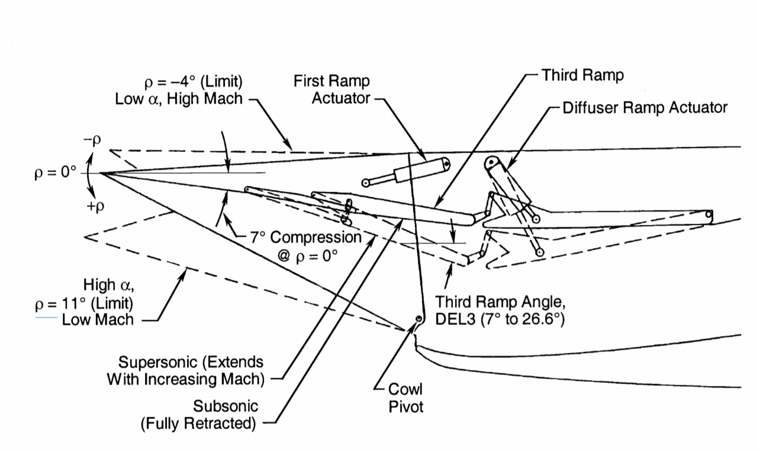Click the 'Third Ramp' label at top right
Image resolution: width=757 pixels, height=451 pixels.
[582, 75]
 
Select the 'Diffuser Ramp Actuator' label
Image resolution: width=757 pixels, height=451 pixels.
[645, 108]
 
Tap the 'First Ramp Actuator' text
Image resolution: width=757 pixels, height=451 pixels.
[332, 89]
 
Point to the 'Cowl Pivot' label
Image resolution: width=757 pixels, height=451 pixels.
[405, 398]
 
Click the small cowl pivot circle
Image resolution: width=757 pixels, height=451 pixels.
[418, 318]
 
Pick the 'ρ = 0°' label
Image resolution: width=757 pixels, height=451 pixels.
[56, 173]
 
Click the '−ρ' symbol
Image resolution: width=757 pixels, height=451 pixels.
[92, 140]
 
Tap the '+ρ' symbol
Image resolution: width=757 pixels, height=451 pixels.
[96, 206]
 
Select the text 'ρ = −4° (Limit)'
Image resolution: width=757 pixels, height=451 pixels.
[194, 82]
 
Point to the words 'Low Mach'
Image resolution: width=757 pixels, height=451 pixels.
[98, 320]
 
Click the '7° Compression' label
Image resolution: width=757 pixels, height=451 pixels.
[306, 237]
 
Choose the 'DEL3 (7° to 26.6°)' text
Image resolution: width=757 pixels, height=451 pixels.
[500, 319]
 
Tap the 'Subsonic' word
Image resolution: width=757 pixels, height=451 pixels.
[226, 406]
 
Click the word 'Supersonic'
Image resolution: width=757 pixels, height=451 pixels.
[158, 362]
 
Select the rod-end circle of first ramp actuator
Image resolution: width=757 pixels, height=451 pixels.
[365, 183]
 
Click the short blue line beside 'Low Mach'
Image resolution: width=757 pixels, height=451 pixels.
[46, 318]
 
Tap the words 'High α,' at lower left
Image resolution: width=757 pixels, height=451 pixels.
[108, 285]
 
